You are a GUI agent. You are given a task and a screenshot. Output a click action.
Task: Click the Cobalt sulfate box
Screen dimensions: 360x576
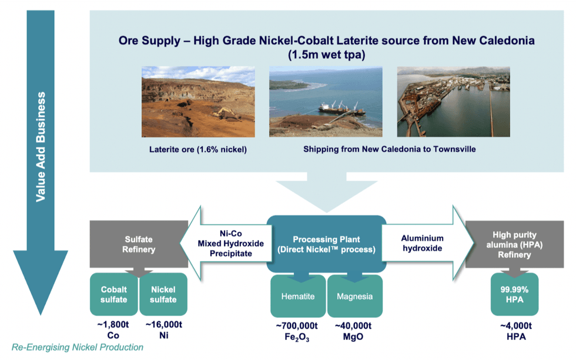(x=113, y=294)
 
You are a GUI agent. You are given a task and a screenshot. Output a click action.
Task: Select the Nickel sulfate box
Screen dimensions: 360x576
(x=163, y=294)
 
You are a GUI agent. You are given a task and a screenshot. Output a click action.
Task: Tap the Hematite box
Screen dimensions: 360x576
(x=297, y=296)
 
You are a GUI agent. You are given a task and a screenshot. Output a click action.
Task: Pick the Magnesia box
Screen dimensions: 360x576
(x=354, y=296)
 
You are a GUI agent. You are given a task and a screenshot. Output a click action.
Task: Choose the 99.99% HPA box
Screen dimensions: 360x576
(x=514, y=294)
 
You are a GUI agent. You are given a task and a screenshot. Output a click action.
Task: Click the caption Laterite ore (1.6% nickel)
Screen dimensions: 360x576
(x=197, y=149)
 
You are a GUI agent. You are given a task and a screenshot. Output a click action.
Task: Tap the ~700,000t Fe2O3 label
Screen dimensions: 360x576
(x=297, y=331)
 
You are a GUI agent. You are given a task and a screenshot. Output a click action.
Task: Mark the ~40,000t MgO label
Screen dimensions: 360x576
(x=354, y=331)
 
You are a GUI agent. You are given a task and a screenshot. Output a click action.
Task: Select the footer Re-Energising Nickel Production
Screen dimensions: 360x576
(x=78, y=348)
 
